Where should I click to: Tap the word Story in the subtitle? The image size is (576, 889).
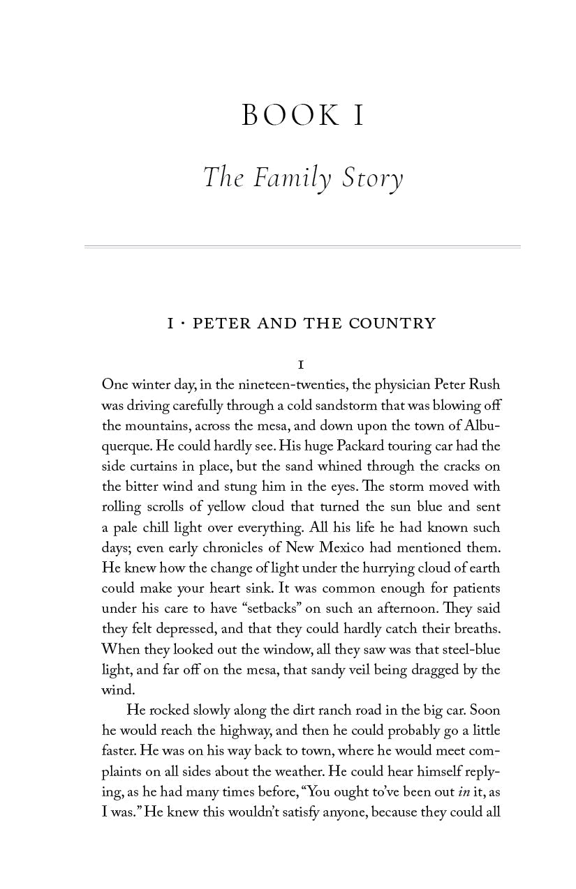[372, 178]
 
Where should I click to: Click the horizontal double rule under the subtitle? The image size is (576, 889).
[302, 247]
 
